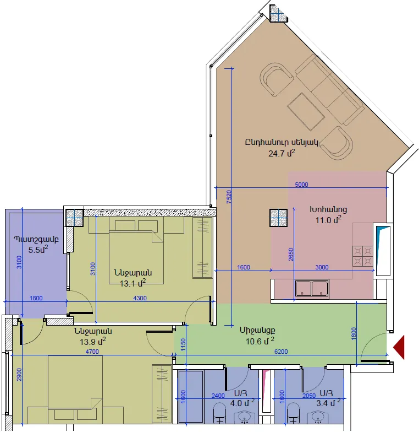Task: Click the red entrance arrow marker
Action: click(399, 347)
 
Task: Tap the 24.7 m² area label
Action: click(282, 153)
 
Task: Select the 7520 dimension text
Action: click(229, 197)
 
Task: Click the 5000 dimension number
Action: click(301, 185)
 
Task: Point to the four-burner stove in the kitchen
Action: click(363, 256)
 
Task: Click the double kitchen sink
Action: click(312, 289)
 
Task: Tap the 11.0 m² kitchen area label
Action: click(328, 220)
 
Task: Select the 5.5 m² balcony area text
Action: click(38, 250)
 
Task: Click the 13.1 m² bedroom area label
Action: click(133, 283)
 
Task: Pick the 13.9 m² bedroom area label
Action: click(92, 342)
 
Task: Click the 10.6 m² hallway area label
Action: click(260, 341)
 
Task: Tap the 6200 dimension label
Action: click(281, 352)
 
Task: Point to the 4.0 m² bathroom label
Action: click(242, 402)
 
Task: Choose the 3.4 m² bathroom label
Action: click(328, 402)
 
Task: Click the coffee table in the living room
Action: click(306, 111)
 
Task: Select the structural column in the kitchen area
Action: click(278, 218)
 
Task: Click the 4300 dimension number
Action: click(140, 298)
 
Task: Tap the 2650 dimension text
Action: click(291, 255)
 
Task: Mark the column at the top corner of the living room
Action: click(278, 14)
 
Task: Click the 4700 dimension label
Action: click(92, 352)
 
